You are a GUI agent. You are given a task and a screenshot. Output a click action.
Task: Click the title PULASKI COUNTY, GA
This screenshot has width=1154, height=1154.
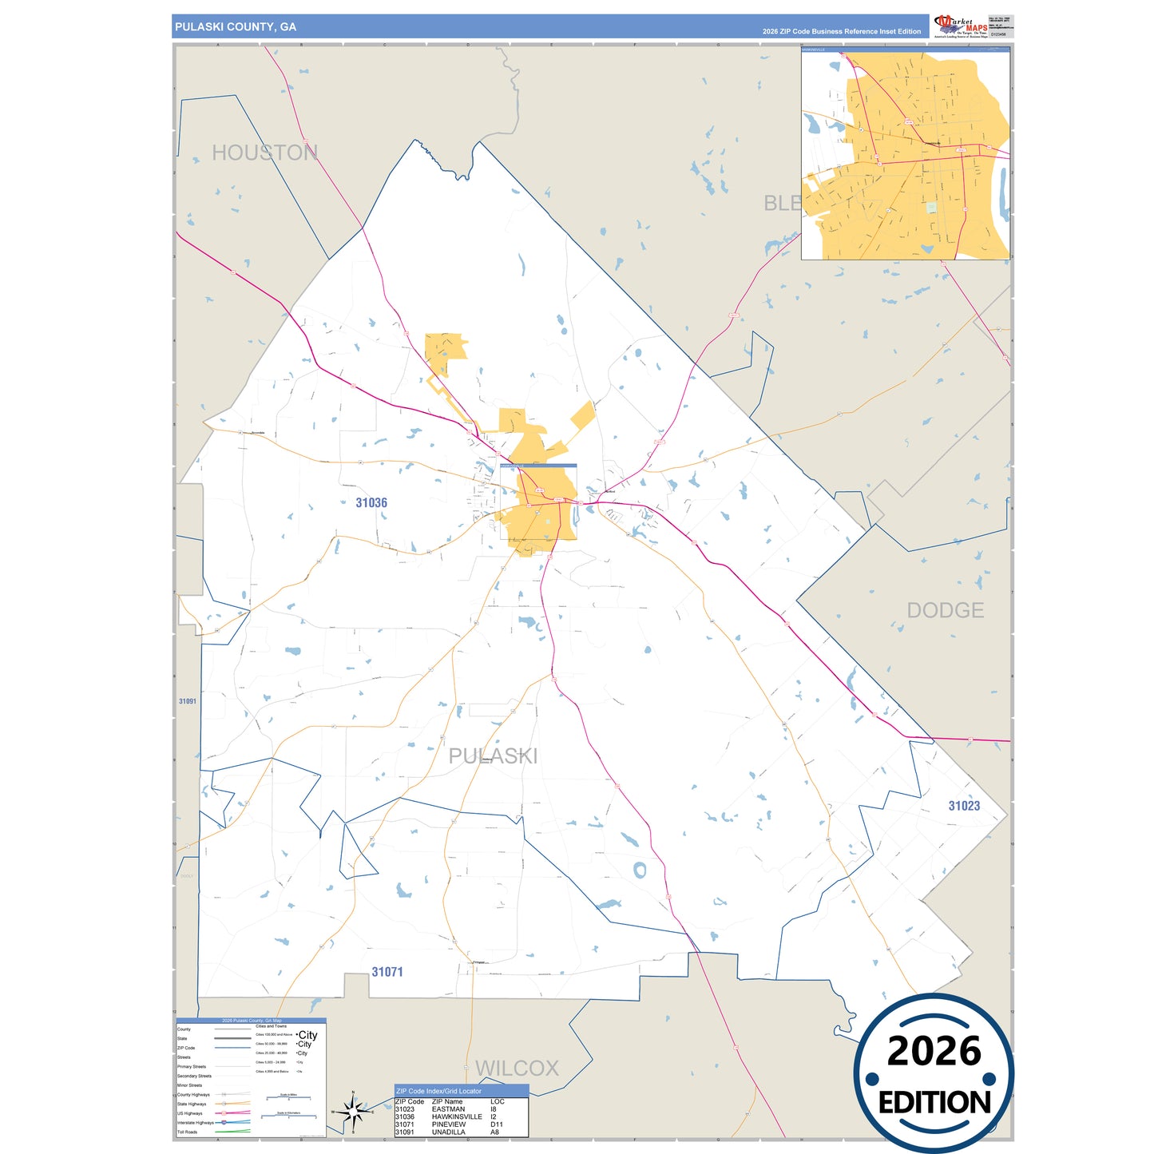236,27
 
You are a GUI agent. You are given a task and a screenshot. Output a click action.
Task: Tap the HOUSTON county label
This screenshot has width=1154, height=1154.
264,153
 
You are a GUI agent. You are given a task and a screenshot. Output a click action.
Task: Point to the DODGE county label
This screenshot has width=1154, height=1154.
945,610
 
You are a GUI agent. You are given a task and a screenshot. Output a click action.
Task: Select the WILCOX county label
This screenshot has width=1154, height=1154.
517,1068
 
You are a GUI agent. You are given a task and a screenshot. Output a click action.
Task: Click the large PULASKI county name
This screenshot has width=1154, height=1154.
493,755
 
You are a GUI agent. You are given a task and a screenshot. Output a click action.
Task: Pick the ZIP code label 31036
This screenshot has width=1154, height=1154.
371,502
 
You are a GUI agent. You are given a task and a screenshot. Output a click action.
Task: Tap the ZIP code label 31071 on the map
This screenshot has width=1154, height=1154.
387,972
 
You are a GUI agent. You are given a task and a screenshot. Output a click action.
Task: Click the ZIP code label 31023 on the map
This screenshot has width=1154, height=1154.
964,806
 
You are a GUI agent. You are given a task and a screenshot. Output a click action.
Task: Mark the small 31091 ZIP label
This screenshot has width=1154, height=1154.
188,701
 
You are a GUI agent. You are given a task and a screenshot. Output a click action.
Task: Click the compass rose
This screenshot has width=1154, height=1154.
352,1111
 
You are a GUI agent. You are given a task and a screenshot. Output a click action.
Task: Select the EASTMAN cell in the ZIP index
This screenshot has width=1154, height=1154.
448,1109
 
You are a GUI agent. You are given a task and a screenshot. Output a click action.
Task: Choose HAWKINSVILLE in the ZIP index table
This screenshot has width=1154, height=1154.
457,1116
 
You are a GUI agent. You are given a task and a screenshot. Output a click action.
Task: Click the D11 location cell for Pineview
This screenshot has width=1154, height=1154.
497,1124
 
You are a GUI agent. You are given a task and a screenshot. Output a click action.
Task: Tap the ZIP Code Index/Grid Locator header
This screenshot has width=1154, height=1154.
438,1091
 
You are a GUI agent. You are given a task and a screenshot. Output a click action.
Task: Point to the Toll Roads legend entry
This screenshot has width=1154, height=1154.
188,1132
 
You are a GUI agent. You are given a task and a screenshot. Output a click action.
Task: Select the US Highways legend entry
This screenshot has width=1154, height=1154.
190,1113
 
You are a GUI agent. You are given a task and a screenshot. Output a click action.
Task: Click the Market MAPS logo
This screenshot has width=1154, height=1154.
961,26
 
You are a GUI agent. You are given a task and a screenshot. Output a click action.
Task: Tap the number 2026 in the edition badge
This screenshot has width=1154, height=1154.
934,1051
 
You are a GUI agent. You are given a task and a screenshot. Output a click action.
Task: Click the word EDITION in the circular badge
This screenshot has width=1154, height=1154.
934,1103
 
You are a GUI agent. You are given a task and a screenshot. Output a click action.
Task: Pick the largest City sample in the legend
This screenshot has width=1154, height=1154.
307,1035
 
